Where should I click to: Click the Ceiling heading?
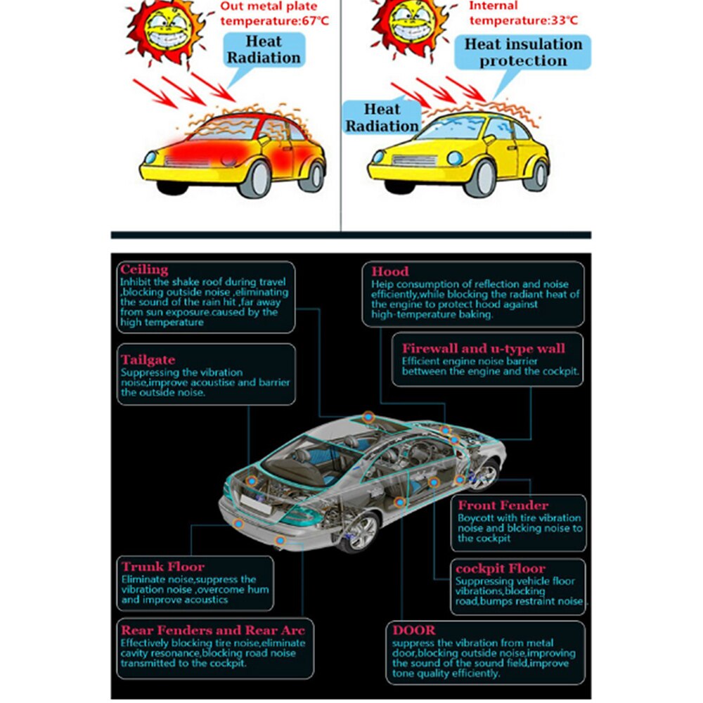[144, 269]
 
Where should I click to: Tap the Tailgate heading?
[148, 360]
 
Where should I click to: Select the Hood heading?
[390, 271]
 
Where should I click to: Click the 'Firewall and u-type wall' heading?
[484, 349]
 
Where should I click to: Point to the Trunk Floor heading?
[163, 566]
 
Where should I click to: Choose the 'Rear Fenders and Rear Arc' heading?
[213, 630]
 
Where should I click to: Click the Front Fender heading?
[503, 505]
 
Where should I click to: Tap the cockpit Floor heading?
[501, 569]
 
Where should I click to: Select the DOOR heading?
[414, 630]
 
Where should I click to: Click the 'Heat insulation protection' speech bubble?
[523, 53]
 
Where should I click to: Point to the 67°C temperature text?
[274, 20]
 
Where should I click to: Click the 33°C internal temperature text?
[524, 20]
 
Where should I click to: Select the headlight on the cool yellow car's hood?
[455, 157]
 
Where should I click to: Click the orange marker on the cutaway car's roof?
[368, 417]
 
